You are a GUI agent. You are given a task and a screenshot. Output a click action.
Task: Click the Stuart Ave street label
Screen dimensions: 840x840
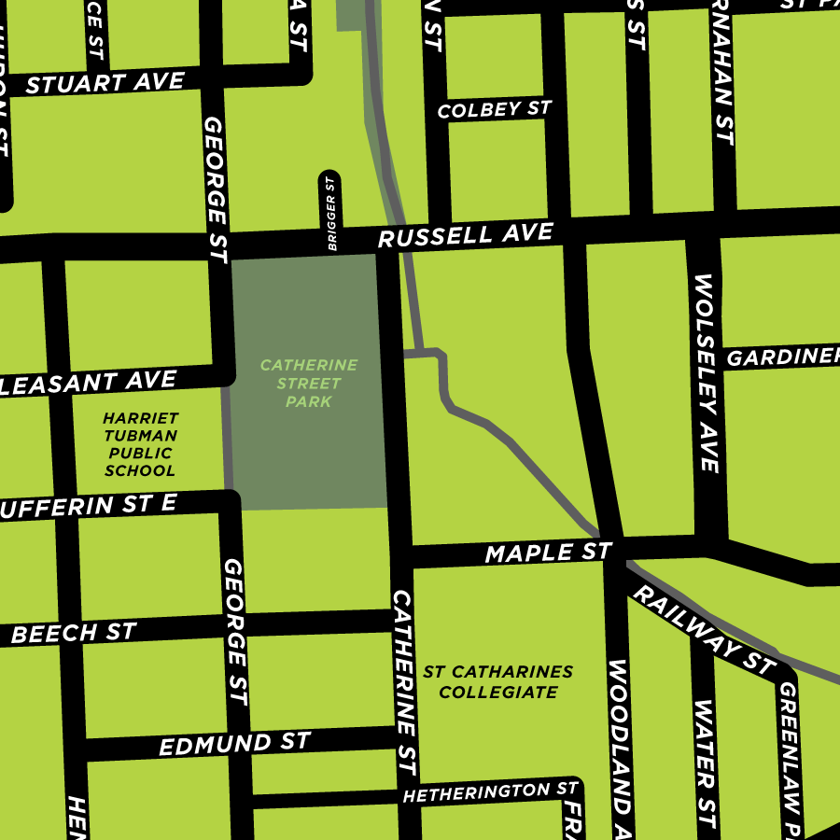pos(105,83)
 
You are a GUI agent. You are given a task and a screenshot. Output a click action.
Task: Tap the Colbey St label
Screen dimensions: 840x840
pos(495,109)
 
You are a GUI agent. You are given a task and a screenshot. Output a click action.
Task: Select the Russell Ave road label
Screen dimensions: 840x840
pos(465,235)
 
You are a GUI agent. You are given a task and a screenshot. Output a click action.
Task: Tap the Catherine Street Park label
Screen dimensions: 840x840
pos(309,383)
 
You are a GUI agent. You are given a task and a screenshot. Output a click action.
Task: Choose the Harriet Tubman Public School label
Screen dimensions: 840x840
pos(141,444)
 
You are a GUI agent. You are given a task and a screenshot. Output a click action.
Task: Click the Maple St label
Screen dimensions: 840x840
pos(548,553)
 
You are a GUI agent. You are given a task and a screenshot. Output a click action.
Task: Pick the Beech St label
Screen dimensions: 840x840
pos(74,633)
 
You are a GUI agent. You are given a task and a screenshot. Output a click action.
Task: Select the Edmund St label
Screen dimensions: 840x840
pos(234,745)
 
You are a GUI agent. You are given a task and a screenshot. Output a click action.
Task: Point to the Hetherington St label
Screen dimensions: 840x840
pos(490,792)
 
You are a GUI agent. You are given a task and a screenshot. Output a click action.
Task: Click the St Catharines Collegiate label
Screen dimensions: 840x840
pos(497,682)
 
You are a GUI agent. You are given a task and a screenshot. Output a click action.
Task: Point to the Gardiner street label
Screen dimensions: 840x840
pos(782,357)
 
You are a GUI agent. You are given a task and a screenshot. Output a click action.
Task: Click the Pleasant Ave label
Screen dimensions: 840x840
pos(89,382)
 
